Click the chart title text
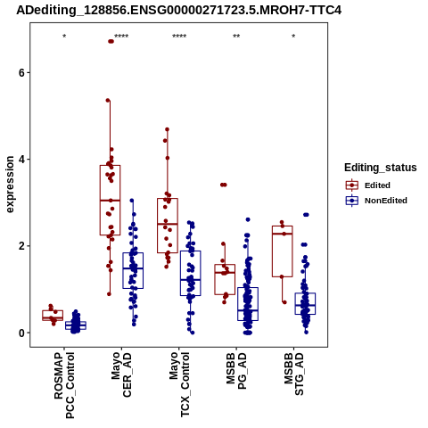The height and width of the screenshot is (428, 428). [x=179, y=10]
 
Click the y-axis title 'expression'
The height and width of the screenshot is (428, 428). [x=10, y=185]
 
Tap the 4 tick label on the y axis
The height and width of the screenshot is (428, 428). [x=21, y=160]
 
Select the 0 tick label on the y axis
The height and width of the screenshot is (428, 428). [x=21, y=333]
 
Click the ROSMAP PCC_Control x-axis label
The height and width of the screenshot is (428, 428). [x=64, y=385]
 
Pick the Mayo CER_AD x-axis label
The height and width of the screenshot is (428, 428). [x=121, y=374]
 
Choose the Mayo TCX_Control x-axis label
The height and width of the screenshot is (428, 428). [x=179, y=384]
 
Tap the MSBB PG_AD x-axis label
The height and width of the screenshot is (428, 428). [x=236, y=371]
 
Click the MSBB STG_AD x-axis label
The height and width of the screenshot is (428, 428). [x=293, y=374]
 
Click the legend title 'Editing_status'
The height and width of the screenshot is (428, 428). [x=381, y=168]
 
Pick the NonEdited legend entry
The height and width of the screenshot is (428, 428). [x=376, y=201]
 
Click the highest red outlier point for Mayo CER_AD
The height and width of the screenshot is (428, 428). [x=111, y=41]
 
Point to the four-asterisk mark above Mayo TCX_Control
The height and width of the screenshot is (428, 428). [x=179, y=37]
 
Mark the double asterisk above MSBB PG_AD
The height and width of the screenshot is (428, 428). [x=236, y=37]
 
